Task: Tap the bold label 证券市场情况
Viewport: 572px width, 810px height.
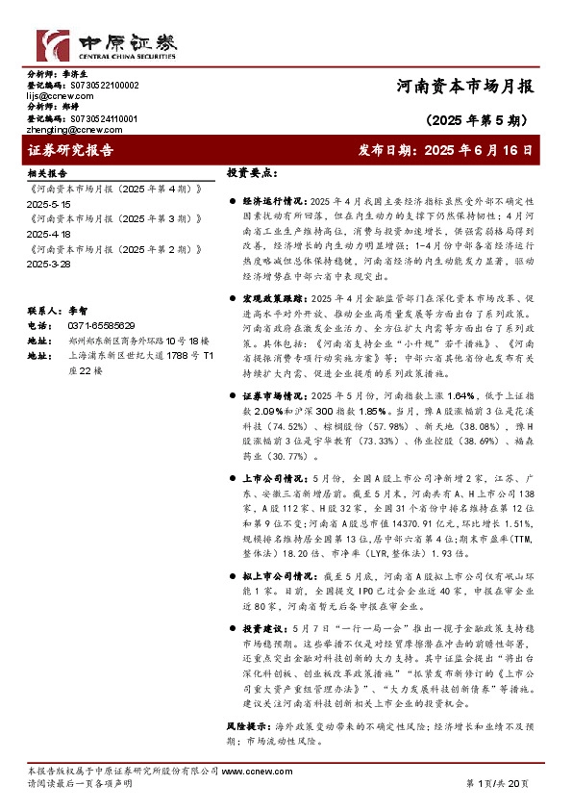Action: coord(272,395)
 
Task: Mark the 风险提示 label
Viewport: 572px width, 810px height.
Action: coord(246,721)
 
